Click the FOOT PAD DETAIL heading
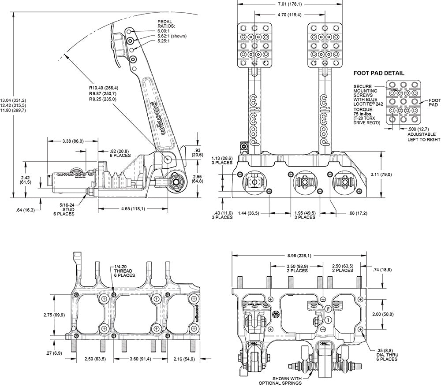coord(379,73)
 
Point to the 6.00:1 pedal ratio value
coord(164,31)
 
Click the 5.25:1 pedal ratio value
coord(164,41)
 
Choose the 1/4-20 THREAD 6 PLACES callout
coord(124,271)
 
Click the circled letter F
coord(327,309)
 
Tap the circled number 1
coord(327,320)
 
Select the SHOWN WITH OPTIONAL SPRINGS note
coord(280,381)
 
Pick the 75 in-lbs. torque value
coord(363,114)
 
